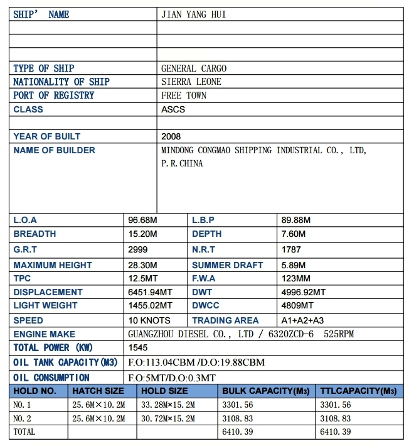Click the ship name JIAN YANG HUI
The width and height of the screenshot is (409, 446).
click(x=193, y=14)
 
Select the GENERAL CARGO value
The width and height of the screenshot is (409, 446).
click(x=194, y=68)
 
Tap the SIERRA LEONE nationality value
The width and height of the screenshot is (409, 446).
click(x=191, y=82)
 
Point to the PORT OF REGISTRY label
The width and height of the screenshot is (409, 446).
click(x=53, y=95)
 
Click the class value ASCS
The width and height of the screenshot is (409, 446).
click(x=173, y=109)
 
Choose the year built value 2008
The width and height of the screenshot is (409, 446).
click(x=171, y=136)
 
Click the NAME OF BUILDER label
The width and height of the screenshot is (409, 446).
click(x=54, y=150)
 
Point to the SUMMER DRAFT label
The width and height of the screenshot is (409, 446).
click(x=227, y=265)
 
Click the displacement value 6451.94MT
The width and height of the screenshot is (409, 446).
click(x=150, y=292)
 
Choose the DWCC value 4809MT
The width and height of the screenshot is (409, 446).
click(x=297, y=306)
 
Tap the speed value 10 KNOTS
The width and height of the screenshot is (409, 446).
click(x=149, y=320)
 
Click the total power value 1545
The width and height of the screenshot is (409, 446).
click(x=138, y=347)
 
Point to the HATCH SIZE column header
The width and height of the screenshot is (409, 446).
click(x=98, y=391)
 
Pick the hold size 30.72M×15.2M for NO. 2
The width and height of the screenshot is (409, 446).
click(x=168, y=418)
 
